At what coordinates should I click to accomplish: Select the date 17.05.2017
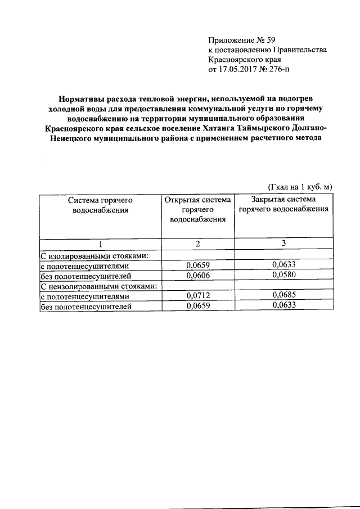pyautogui.click(x=240, y=70)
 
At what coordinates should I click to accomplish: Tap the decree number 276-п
pyautogui.click(x=278, y=70)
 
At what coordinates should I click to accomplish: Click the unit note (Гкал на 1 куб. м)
pyautogui.click(x=299, y=186)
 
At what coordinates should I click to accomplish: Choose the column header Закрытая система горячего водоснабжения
pyautogui.click(x=283, y=204)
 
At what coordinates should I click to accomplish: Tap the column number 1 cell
pyautogui.click(x=100, y=244)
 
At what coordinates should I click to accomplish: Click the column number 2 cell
pyautogui.click(x=196, y=244)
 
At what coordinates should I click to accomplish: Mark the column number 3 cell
pyautogui.click(x=283, y=244)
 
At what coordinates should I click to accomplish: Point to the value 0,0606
pyautogui.click(x=196, y=276)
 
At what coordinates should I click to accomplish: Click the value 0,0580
pyautogui.click(x=283, y=276)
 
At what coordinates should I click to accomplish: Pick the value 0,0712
pyautogui.click(x=196, y=296)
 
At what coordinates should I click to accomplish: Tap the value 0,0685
pyautogui.click(x=283, y=296)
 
